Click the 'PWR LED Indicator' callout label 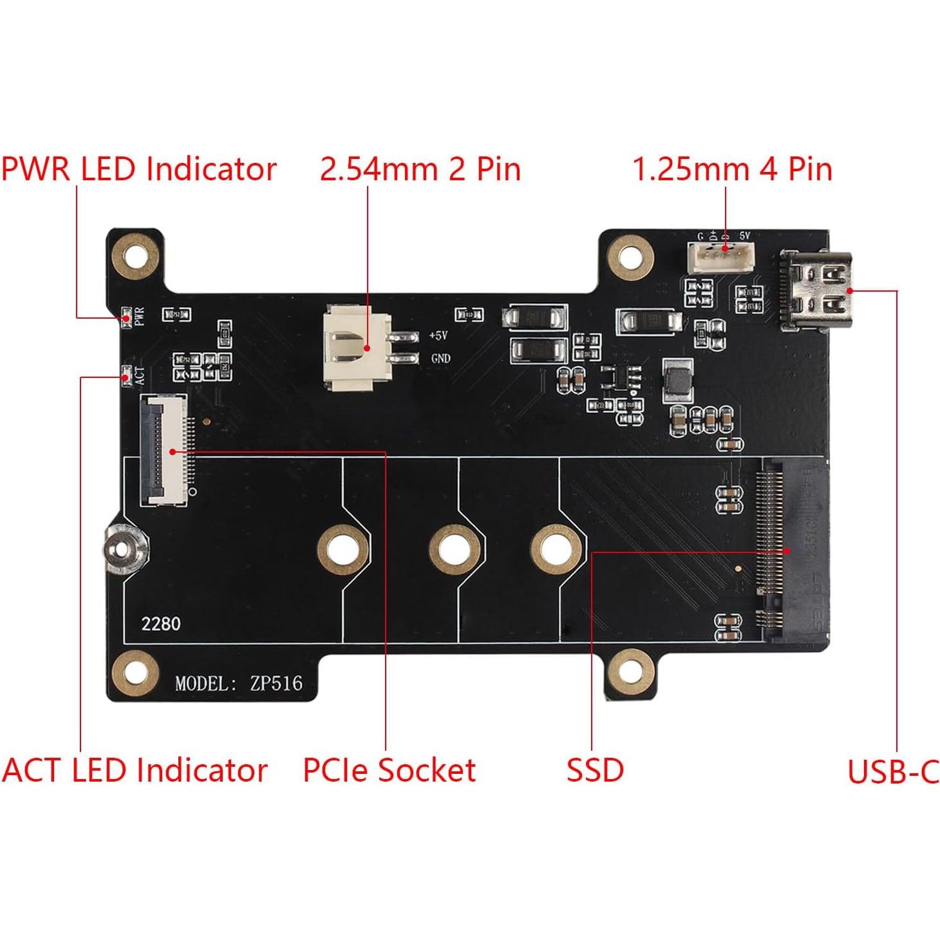click(138, 169)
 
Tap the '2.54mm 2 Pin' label click(420, 169)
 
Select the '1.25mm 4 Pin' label click(732, 169)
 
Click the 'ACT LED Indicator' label click(135, 770)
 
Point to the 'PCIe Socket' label click(389, 770)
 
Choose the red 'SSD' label click(595, 770)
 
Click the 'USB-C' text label click(893, 772)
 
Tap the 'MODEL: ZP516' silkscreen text click(238, 683)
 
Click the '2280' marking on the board click(161, 624)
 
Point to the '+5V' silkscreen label click(438, 336)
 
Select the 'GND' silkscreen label click(440, 359)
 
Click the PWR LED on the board click(127, 317)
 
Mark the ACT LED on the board click(127, 376)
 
